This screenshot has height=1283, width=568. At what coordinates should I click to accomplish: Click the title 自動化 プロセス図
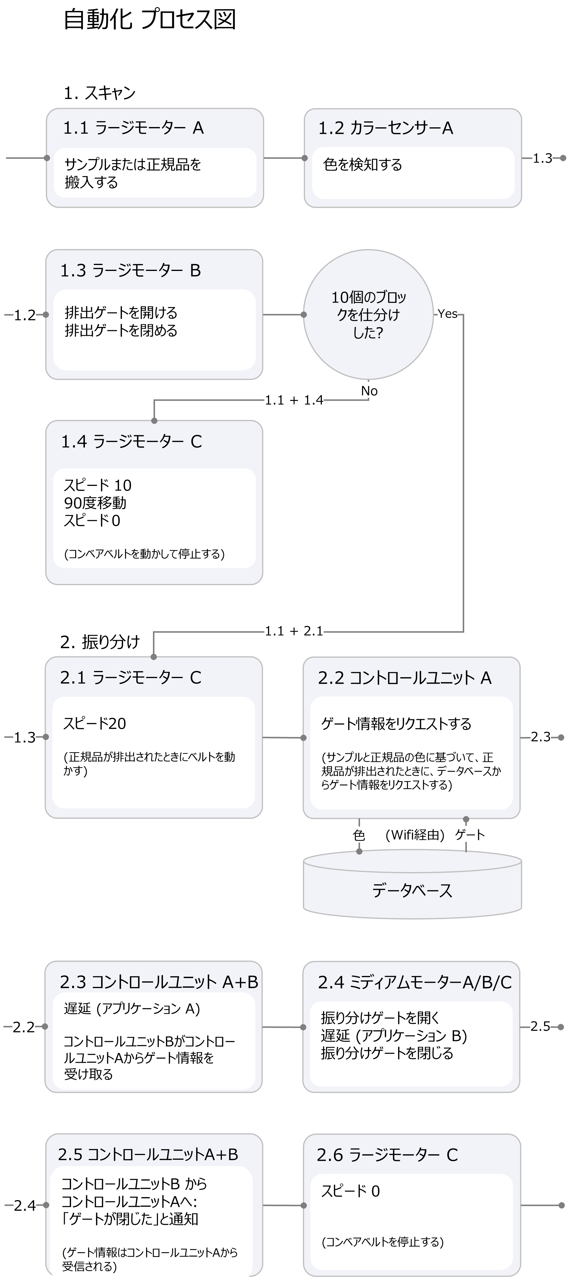[149, 20]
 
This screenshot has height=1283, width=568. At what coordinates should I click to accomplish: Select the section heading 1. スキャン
[100, 93]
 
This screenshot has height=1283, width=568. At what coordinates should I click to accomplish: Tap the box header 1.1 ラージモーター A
[133, 128]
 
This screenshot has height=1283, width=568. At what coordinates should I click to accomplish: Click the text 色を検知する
[362, 164]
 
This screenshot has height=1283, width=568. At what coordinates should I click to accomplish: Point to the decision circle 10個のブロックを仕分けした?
[368, 315]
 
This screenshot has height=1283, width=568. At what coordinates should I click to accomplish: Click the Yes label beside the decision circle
[448, 314]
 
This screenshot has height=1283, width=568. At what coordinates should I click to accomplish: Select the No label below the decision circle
[369, 391]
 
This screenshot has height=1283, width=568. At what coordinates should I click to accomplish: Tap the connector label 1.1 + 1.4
[294, 400]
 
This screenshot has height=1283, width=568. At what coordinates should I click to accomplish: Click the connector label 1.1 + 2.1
[294, 631]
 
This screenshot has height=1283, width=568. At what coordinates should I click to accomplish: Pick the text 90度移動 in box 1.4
[95, 503]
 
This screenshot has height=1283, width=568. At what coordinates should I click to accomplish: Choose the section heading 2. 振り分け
[100, 642]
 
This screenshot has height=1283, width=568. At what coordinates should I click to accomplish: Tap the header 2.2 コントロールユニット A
[405, 677]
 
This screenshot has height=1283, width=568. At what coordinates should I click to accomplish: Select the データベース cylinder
[412, 890]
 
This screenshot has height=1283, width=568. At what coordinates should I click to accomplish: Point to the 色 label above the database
[359, 835]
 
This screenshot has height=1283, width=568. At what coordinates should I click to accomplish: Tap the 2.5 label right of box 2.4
[540, 1027]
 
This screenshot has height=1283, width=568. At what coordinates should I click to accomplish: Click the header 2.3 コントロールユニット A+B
[159, 982]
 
